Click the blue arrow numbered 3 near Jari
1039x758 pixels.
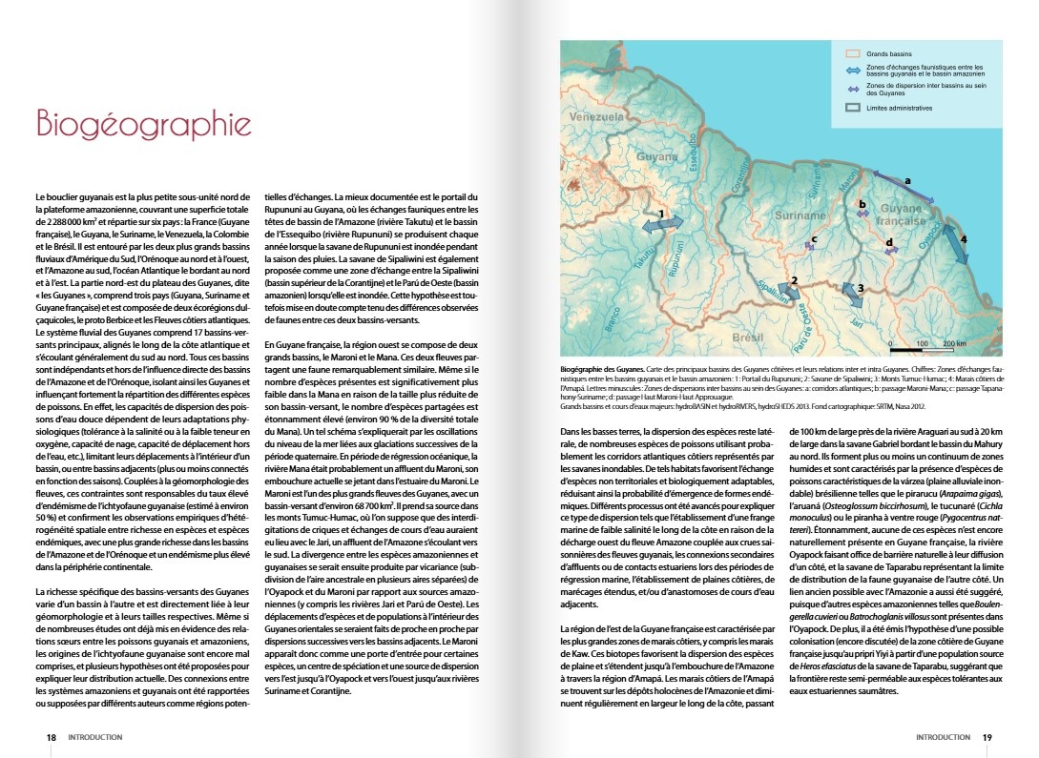(x=850, y=294)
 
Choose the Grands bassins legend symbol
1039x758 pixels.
(x=853, y=55)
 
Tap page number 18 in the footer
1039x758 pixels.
(x=52, y=737)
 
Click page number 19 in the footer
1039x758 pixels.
(x=987, y=737)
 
